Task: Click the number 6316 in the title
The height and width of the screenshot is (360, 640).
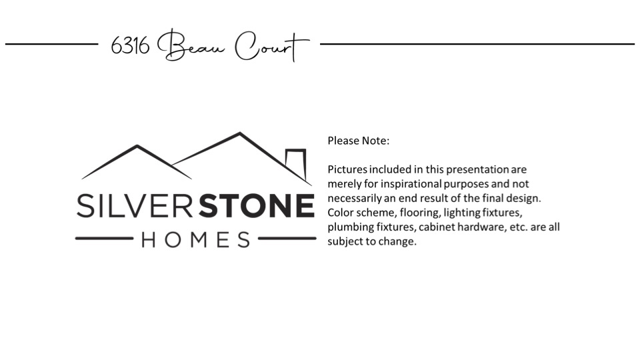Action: click(x=130, y=45)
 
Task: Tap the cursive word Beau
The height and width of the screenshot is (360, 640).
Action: click(x=191, y=45)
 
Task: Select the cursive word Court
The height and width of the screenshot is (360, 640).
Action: click(x=272, y=46)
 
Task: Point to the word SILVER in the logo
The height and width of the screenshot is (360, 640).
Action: click(x=135, y=206)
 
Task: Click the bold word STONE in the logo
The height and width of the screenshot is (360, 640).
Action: click(x=257, y=206)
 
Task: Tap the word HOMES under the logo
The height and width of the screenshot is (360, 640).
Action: click(x=195, y=239)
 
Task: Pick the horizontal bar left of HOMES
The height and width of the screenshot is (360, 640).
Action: click(x=104, y=239)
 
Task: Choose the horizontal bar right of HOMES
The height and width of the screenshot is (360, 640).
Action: click(x=287, y=239)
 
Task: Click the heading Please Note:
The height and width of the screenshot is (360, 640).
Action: click(x=359, y=141)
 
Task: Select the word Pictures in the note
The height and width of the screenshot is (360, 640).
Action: click(x=347, y=169)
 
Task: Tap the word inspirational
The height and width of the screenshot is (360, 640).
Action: click(x=411, y=184)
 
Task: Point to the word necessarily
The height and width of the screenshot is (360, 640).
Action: click(x=355, y=199)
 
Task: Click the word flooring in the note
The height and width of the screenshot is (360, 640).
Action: click(x=419, y=213)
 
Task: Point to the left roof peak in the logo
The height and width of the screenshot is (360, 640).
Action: click(x=137, y=146)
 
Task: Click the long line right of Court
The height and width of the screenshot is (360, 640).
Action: click(x=477, y=44)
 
